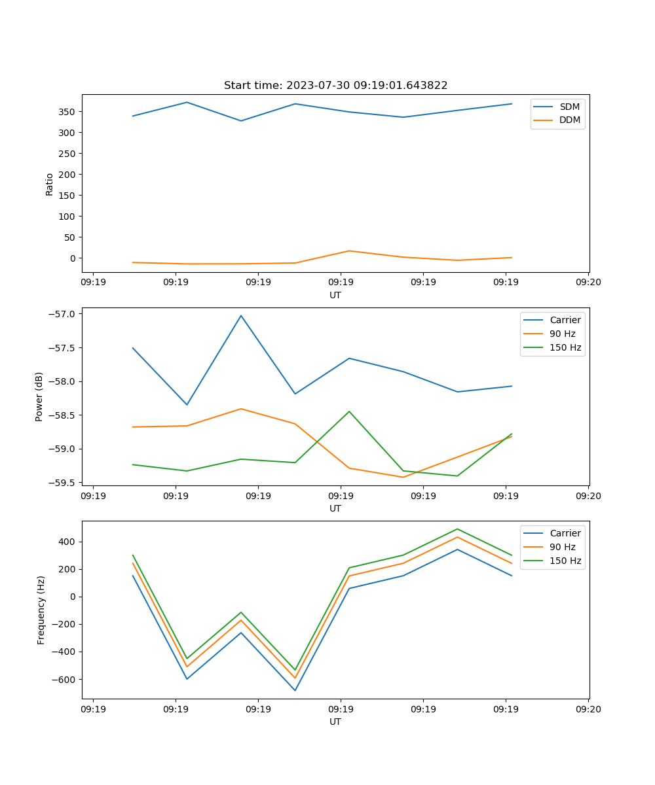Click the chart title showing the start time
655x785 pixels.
tap(335, 86)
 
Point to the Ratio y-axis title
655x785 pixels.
tap(50, 184)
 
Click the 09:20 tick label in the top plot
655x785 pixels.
tap(588, 283)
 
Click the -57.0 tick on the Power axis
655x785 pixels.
tap(63, 314)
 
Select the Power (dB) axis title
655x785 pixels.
tap(39, 396)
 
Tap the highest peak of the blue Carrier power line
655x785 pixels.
tap(241, 315)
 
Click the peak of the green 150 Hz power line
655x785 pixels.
tap(349, 411)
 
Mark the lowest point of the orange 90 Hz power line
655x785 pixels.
tap(403, 477)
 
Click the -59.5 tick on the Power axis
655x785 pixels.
tap(63, 483)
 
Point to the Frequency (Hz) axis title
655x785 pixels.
tap(41, 610)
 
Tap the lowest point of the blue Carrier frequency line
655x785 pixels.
tap(295, 690)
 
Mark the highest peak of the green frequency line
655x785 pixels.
tap(457, 529)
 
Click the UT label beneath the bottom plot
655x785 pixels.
tap(335, 722)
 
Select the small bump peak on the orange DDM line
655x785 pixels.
tap(349, 251)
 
